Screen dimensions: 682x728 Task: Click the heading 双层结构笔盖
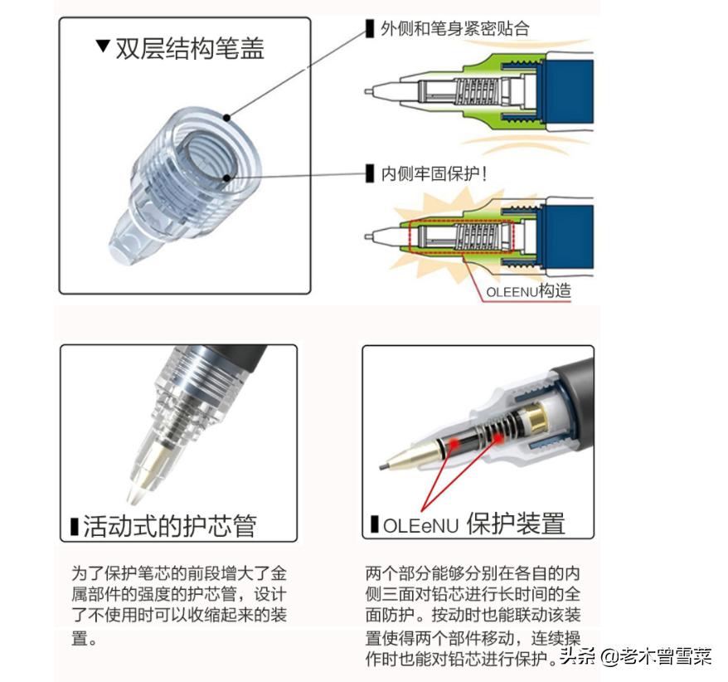190,47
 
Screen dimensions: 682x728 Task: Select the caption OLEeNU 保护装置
473,524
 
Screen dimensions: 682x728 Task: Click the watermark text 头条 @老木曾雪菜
636,658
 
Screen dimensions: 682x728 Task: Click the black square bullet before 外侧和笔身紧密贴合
370,29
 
